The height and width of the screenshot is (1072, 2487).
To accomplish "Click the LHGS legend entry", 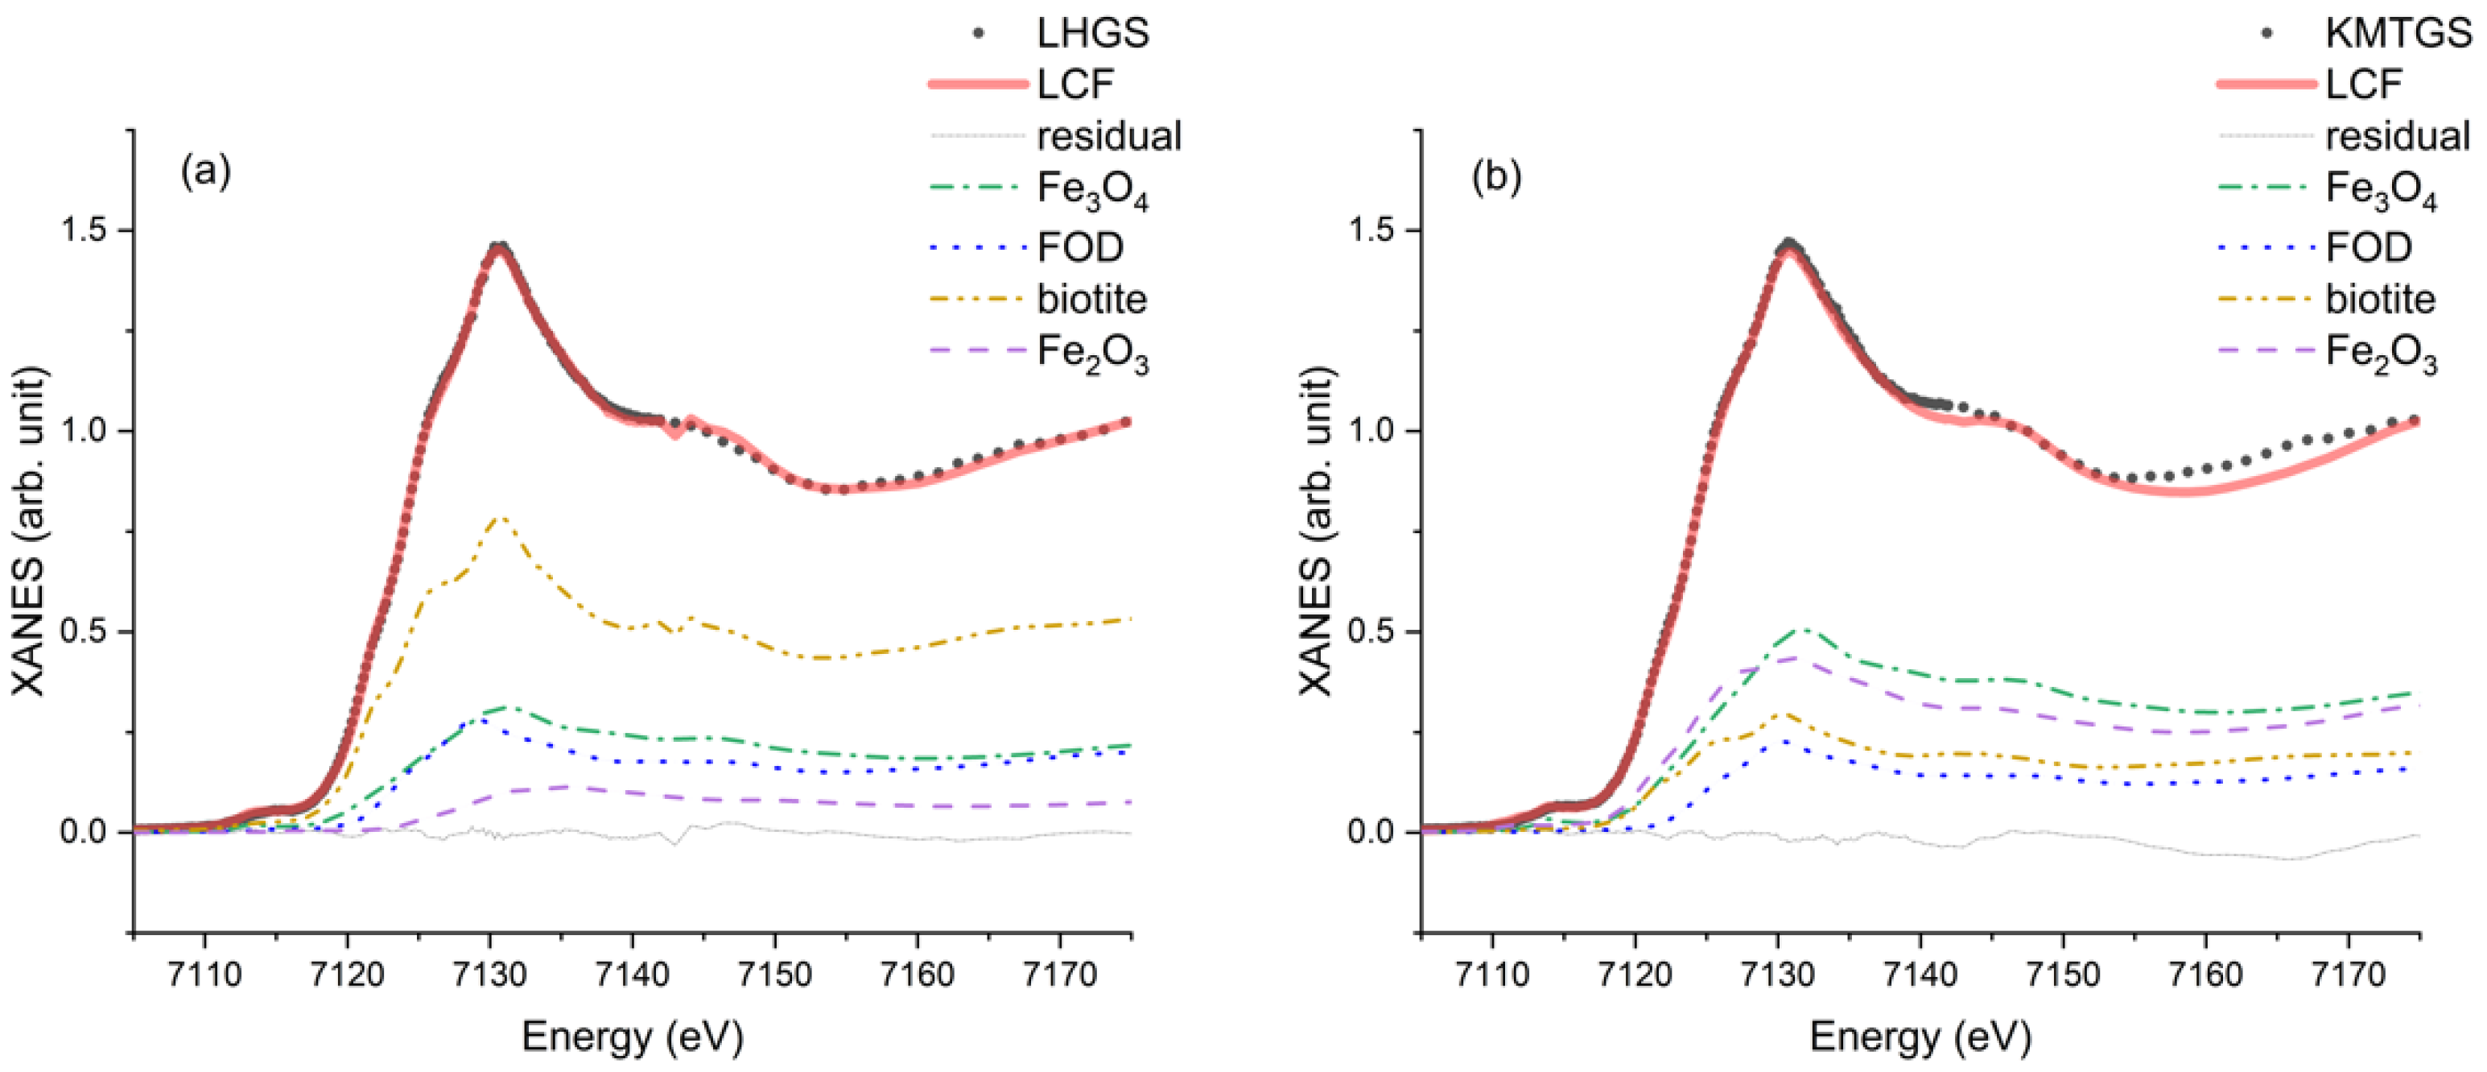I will [x=1092, y=34].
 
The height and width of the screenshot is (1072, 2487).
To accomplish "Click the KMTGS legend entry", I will [x=2397, y=34].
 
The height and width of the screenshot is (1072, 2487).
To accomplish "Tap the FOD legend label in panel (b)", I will [x=2368, y=248].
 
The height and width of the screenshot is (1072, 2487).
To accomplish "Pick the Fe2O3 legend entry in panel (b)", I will [x=2380, y=353].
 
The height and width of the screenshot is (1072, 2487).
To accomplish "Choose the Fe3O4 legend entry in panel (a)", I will [x=1092, y=189].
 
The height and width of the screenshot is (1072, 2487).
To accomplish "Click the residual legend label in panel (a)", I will [x=1108, y=136].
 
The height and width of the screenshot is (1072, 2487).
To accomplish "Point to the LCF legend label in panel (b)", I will [x=2362, y=85].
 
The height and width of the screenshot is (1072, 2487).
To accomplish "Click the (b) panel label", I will [x=1495, y=176].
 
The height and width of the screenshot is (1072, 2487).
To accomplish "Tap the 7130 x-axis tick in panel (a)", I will [x=489, y=975].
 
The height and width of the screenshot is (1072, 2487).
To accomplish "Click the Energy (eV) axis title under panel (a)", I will [x=633, y=1037].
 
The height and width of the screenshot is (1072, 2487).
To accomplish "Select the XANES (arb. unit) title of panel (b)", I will [x=1315, y=532].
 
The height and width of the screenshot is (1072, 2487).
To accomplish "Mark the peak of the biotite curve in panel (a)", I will [x=499, y=517].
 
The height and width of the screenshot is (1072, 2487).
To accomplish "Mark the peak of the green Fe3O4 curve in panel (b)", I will [x=1801, y=629].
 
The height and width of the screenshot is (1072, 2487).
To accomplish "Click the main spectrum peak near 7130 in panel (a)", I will [x=498, y=247].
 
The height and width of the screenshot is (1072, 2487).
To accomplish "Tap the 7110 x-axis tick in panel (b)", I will [x=1492, y=975].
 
